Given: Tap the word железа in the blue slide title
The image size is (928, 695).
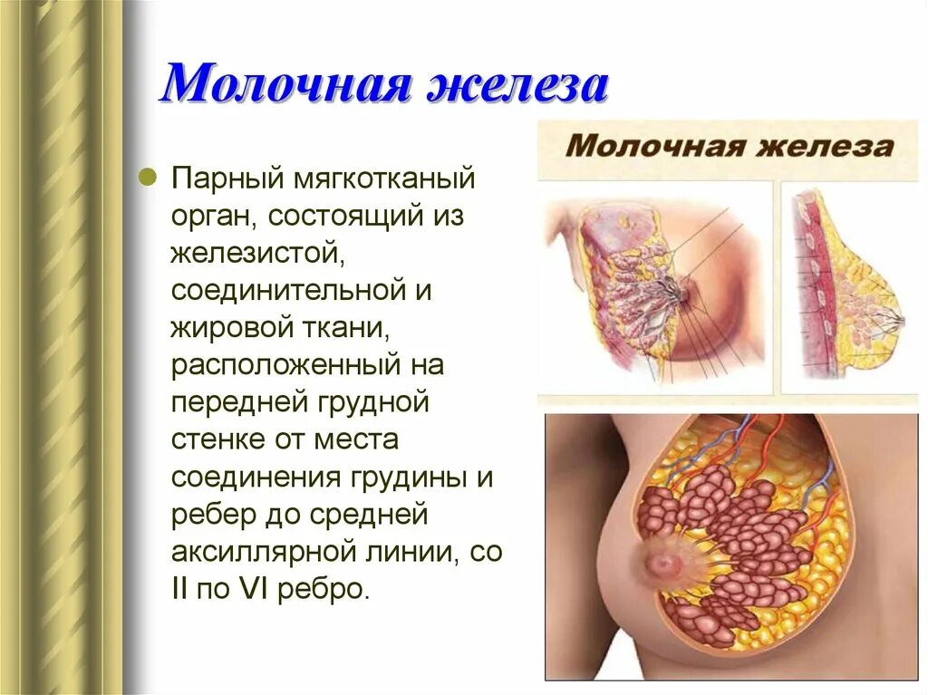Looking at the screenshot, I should pos(509,85).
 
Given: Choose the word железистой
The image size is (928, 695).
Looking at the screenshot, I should pos(255,253).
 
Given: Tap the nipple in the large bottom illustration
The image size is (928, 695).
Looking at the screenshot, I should pos(665,563).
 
